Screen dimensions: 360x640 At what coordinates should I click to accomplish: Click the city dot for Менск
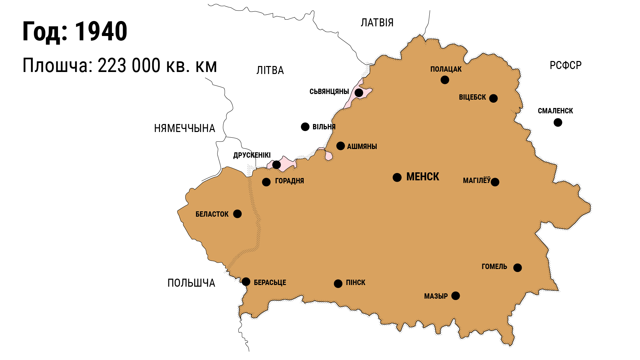(397, 177)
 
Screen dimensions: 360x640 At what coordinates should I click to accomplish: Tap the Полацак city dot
(445, 80)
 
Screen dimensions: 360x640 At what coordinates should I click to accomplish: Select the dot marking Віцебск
(493, 98)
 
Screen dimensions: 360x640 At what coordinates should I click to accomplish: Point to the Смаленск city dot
(558, 123)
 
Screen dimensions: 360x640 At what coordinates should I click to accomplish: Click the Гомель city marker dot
(517, 268)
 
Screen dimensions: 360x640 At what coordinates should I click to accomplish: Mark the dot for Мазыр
(455, 296)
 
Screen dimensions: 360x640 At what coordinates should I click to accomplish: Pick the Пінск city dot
(338, 283)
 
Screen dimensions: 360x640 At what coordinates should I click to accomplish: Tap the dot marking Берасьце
(246, 282)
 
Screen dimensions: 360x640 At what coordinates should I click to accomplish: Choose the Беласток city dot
(237, 214)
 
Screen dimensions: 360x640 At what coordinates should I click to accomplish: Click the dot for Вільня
(305, 127)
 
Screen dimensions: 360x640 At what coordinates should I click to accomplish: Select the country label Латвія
(377, 23)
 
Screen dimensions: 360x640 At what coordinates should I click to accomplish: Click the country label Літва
(270, 70)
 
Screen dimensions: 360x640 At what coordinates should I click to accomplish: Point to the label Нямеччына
(184, 128)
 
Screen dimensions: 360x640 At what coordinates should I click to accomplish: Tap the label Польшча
(191, 283)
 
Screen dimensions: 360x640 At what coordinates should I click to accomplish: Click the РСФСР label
(565, 65)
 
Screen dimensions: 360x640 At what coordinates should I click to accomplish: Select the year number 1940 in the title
(101, 31)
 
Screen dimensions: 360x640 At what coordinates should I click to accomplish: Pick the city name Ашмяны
(362, 146)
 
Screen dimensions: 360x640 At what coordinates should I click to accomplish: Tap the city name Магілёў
(477, 181)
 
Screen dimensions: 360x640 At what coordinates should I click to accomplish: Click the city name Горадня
(289, 181)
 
